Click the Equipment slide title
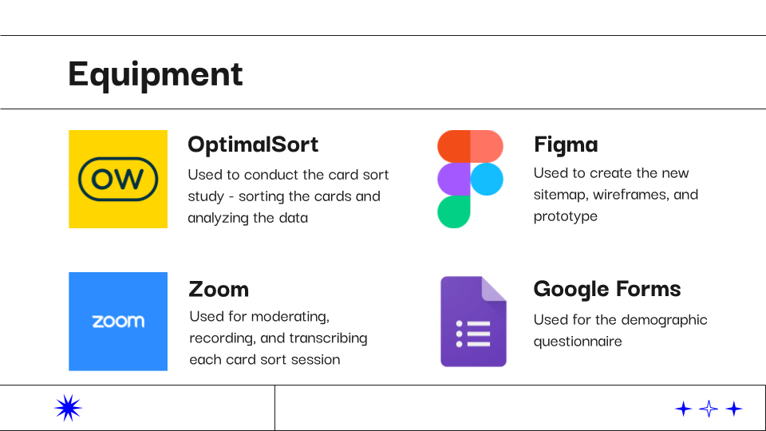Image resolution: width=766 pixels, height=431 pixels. (156, 75)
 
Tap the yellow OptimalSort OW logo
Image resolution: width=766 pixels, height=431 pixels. (118, 179)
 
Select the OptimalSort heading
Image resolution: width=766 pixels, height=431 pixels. (253, 144)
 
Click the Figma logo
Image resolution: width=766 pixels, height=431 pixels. (470, 179)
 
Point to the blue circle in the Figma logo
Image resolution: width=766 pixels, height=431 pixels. (487, 179)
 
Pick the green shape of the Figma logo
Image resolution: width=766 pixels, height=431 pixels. (454, 212)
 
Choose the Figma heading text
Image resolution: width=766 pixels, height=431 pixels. (566, 145)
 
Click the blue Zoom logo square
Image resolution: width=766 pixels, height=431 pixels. (118, 322)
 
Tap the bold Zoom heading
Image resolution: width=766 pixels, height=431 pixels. (219, 289)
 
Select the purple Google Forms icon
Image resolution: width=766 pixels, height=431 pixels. (473, 322)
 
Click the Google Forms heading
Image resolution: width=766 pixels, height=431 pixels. (607, 289)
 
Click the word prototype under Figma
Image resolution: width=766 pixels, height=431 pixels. (566, 216)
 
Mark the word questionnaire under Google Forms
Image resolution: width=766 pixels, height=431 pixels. (578, 341)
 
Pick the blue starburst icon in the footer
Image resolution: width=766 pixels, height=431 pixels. (68, 408)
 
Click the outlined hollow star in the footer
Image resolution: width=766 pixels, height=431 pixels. (709, 409)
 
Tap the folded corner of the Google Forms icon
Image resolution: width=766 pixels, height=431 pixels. (494, 288)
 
